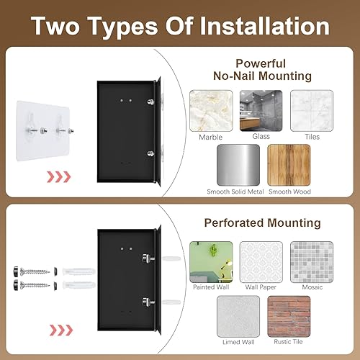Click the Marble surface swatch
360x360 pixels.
coord(211,111)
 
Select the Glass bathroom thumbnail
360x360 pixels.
coord(261,111)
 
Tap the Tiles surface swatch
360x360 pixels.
coord(312,111)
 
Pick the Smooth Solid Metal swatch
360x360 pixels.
coord(238,165)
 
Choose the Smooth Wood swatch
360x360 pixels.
coord(289,165)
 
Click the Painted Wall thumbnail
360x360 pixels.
coord(211,262)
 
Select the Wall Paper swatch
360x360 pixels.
coord(261,262)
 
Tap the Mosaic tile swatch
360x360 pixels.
coord(312,262)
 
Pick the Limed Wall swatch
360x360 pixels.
coord(238,316)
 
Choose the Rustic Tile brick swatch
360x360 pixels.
coord(289,316)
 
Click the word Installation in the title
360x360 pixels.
coord(264,26)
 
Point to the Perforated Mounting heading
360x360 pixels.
coord(262,222)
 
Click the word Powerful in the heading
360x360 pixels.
coord(261,63)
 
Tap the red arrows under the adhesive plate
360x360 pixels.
coord(59,177)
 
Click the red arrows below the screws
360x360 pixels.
coord(61,330)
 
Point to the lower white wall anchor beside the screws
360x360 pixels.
coord(79,285)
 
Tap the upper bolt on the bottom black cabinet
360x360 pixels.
coord(148,258)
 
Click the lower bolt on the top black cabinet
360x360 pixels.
coord(150,153)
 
